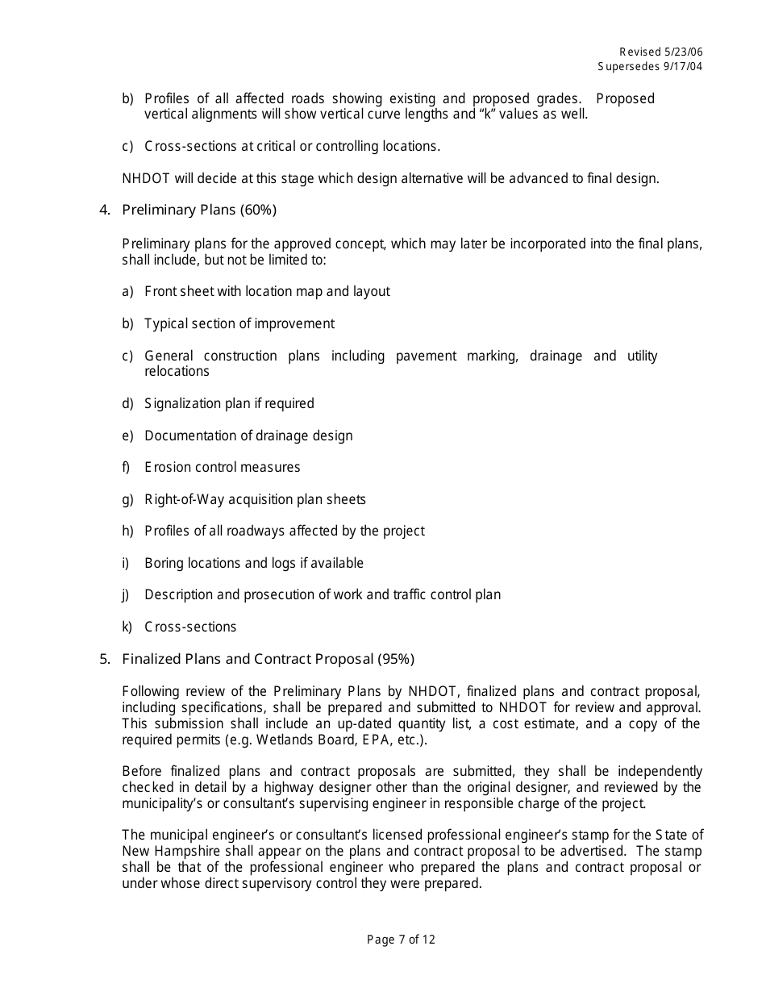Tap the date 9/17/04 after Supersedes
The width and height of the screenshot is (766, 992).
pos(682,66)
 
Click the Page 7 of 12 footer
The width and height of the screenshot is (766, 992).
pos(401,939)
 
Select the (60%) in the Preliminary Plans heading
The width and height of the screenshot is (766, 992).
pos(258,210)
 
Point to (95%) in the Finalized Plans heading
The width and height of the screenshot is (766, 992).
pos(396,659)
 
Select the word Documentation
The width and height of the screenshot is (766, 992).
pos(189,436)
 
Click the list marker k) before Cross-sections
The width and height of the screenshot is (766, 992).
pos(127,627)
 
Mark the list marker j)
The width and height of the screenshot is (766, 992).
pos(126,594)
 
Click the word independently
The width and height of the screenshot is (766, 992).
pos(662,771)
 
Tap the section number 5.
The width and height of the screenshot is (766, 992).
pos(104,659)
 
